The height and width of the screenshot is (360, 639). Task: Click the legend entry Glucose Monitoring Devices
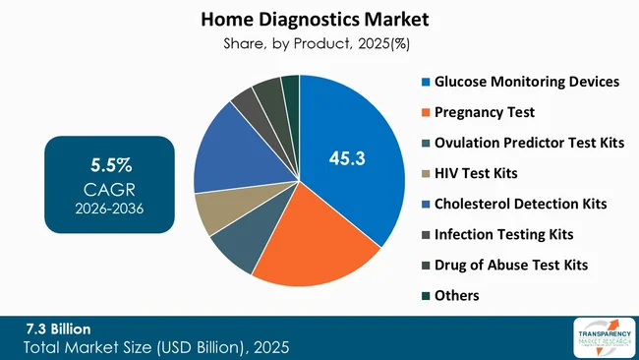tap(527, 81)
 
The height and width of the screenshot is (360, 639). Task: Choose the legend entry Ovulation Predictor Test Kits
tap(529, 142)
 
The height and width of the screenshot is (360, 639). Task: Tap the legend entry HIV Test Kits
tap(476, 172)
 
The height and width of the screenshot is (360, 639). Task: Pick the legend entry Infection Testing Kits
tap(503, 233)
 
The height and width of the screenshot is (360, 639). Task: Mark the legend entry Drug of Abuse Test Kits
tap(511, 264)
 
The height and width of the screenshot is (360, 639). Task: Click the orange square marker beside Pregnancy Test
tap(425, 111)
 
